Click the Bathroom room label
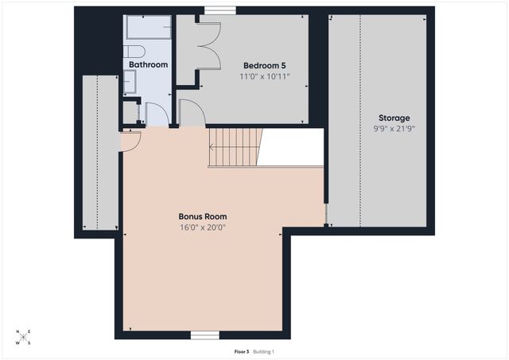pos(149,64)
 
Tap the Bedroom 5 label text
pos(265,66)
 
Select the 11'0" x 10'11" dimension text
pos(265,77)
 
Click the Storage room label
pos(394,118)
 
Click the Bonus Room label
pos(203,216)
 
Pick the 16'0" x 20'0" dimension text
pos(203,226)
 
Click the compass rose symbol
pos(23,338)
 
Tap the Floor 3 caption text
pos(241,351)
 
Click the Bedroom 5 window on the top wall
pos(214,10)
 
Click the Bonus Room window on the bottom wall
pos(204,335)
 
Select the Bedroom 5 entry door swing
pos(192,114)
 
